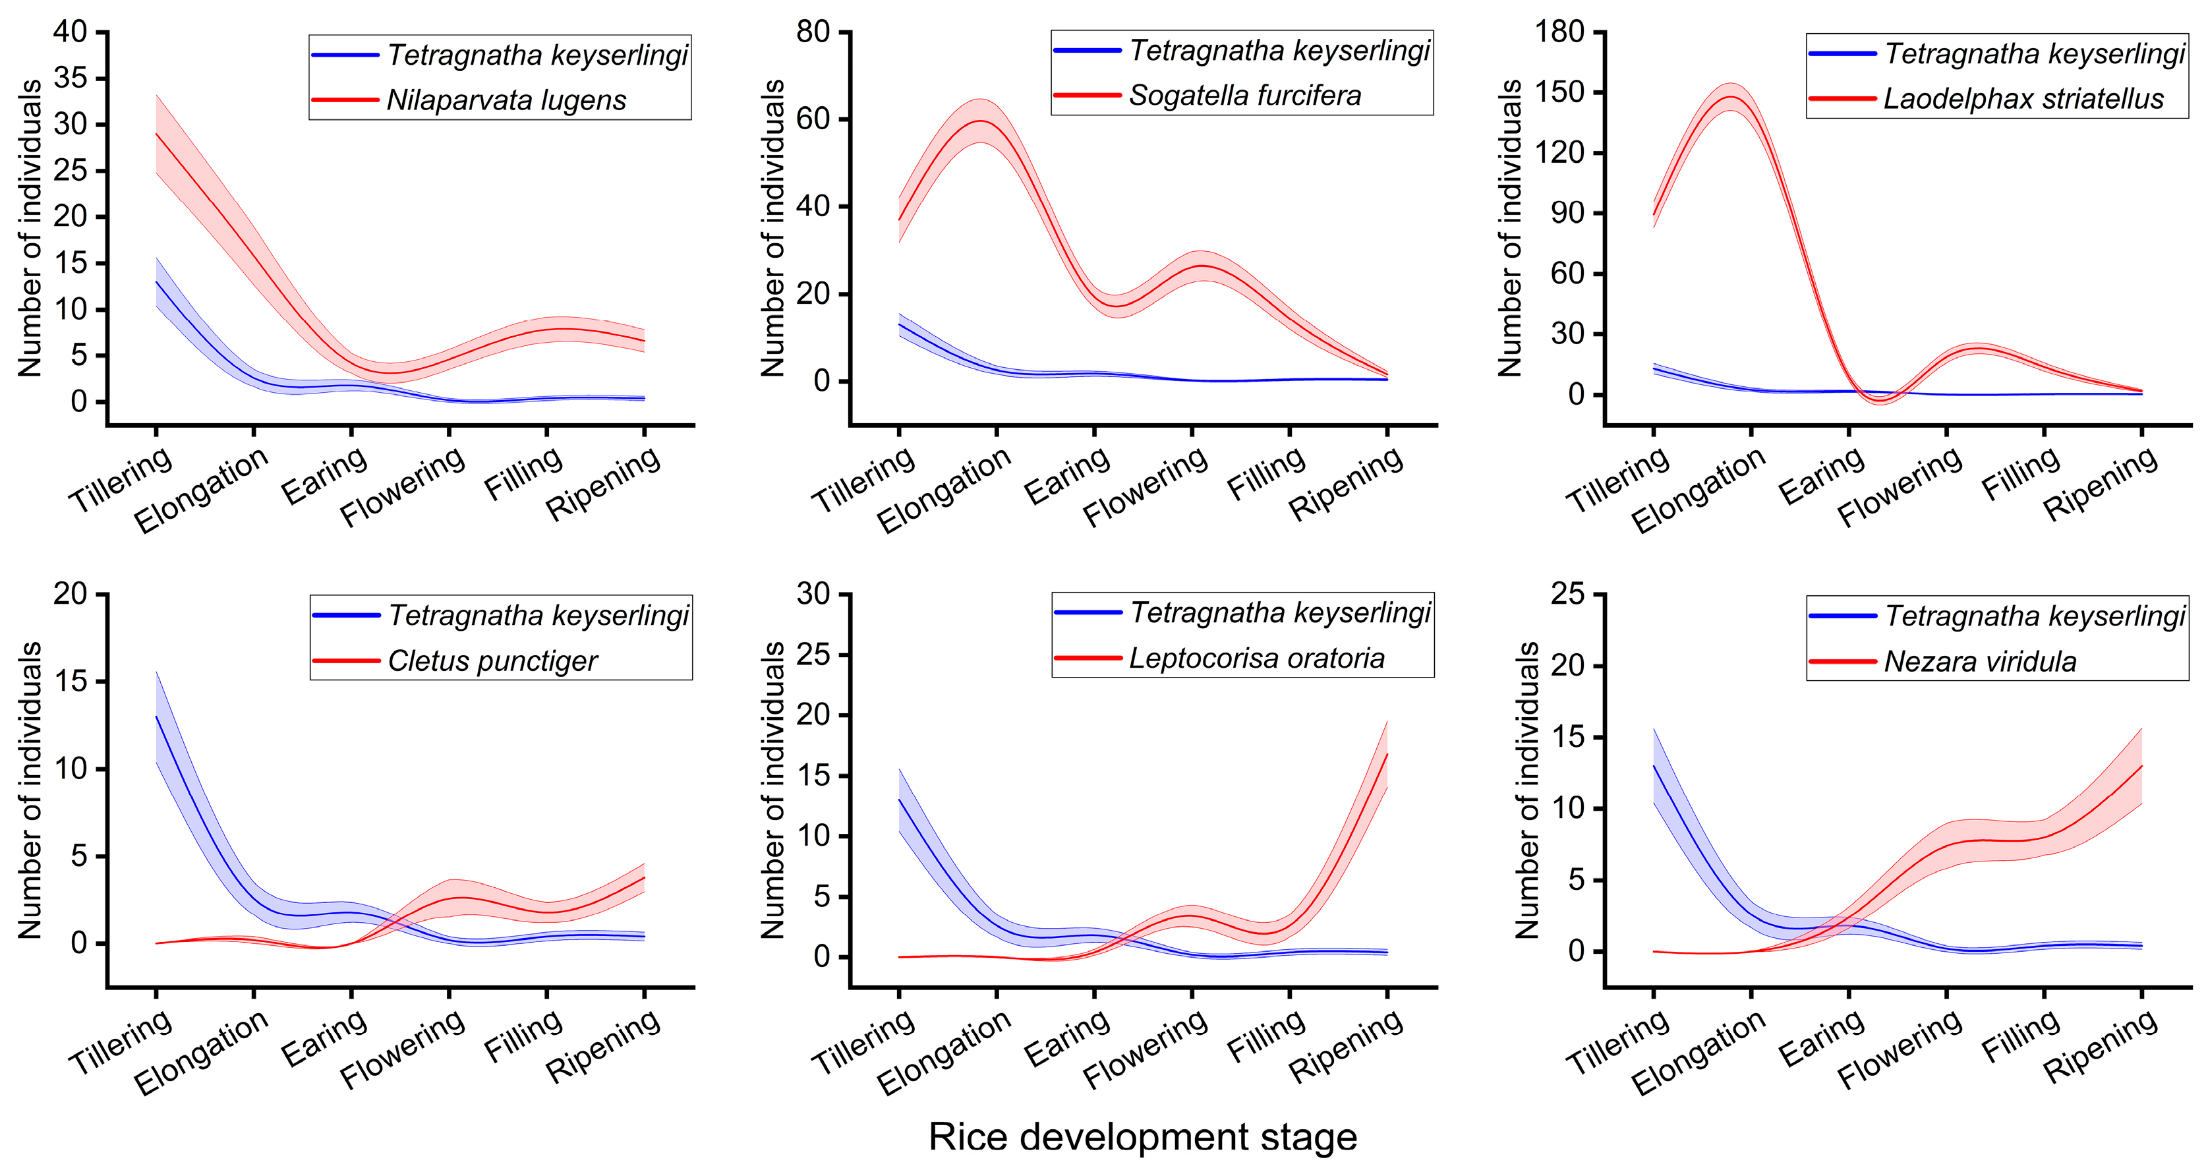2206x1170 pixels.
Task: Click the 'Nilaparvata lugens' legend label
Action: coord(506,100)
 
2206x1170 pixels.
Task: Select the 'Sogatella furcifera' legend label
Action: coord(1244,95)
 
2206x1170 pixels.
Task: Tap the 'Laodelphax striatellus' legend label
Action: coord(2023,98)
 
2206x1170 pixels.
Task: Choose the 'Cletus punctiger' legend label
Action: coord(492,660)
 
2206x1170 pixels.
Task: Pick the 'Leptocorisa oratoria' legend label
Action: coord(1256,658)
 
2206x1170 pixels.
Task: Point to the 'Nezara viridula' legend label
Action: coord(1980,661)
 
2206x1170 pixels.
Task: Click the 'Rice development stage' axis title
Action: coord(1142,1136)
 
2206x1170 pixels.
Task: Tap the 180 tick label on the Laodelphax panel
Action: coord(1559,32)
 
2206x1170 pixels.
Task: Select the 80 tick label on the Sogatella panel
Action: coord(813,32)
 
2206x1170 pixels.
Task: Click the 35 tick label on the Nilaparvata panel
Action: coord(71,78)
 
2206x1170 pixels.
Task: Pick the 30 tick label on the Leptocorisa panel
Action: coord(813,593)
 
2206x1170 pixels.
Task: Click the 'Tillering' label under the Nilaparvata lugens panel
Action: coord(121,481)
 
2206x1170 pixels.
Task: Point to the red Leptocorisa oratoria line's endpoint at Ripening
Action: coord(1387,753)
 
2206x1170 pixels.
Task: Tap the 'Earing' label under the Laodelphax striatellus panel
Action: coord(1822,476)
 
